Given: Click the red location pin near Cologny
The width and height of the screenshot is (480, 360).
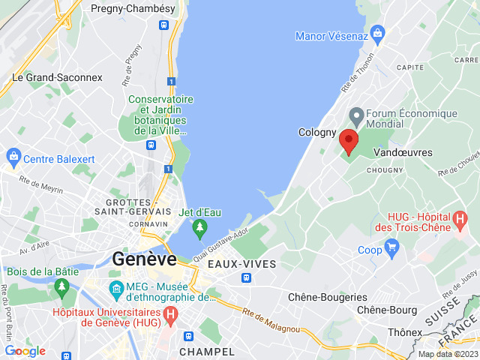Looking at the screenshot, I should (x=348, y=141).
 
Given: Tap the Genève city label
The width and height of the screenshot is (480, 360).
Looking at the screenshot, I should (x=145, y=259).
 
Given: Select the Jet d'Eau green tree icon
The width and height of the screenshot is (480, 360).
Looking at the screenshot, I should (x=199, y=227).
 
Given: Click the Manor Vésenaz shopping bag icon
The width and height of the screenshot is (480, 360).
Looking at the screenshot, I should (x=377, y=33).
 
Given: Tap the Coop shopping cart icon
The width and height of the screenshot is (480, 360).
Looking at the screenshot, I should (x=391, y=246).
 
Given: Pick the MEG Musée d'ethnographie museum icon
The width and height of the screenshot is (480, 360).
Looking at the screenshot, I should (x=117, y=288).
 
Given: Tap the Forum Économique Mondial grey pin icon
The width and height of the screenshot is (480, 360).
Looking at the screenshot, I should (x=356, y=116).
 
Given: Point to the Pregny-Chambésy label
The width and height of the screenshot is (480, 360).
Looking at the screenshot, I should (x=132, y=8).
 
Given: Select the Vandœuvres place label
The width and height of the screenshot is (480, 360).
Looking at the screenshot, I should (x=403, y=152).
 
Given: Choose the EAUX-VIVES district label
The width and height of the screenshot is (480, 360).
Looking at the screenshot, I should (x=241, y=264).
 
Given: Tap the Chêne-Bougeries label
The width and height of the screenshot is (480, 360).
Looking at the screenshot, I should (x=328, y=297).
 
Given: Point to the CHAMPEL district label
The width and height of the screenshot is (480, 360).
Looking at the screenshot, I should (x=207, y=351).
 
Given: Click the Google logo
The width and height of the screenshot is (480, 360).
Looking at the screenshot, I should (x=25, y=350).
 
